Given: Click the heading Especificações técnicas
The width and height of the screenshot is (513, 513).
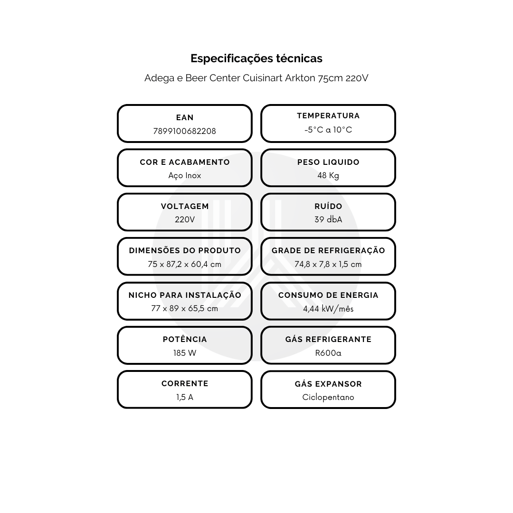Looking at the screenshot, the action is tap(256, 58).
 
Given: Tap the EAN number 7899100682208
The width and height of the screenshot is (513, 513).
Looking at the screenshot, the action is tap(184, 131).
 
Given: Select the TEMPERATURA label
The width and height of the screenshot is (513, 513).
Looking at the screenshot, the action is tap(328, 116).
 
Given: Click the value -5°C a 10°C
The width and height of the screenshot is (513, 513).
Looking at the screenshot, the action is tap(328, 130).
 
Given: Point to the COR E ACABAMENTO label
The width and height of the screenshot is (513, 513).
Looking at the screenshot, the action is tap(184, 162).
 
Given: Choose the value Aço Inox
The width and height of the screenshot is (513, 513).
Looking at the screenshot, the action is tap(184, 176).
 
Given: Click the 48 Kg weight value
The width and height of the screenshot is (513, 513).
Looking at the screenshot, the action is tap(328, 176).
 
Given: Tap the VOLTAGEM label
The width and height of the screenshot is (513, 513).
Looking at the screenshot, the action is tap(184, 207).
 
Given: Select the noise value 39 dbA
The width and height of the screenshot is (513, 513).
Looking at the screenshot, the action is tap(328, 219).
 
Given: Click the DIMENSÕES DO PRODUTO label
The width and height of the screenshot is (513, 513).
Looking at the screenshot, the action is tap(184, 251).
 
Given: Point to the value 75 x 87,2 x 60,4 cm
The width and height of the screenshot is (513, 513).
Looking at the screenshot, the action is tap(184, 265).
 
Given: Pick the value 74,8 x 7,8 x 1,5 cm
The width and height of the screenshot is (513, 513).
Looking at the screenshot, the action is tap(328, 265).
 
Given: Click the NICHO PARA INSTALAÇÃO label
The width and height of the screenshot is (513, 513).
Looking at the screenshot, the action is tap(184, 295).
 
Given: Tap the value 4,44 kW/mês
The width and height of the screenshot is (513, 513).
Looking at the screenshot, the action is tap(328, 309).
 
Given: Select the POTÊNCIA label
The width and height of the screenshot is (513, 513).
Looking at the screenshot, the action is tap(184, 339).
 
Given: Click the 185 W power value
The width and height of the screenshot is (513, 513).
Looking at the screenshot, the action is tap(184, 353).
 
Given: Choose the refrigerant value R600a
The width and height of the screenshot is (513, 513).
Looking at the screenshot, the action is tap(328, 353).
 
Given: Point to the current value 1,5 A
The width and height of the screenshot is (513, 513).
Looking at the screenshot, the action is tap(184, 397).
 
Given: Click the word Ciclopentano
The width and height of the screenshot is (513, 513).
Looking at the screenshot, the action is tap(328, 397).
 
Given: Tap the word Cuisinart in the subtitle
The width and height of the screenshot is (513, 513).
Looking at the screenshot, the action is tap(263, 78).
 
